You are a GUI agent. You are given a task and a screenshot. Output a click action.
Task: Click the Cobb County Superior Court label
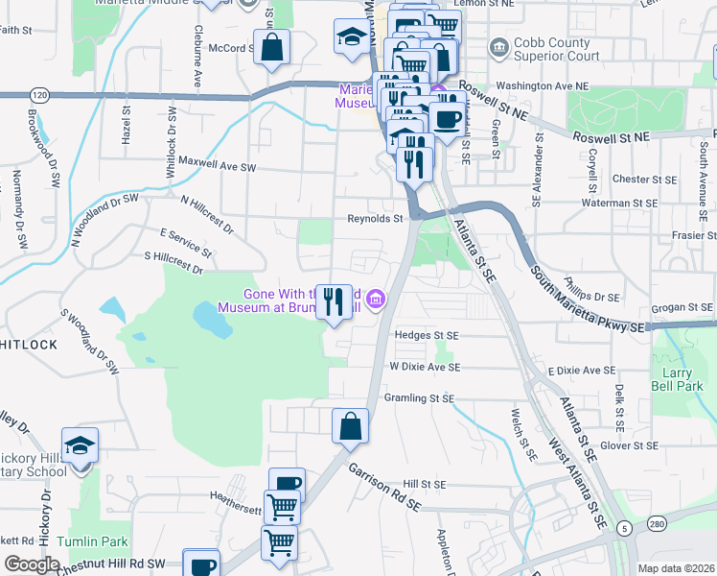coord(556,50)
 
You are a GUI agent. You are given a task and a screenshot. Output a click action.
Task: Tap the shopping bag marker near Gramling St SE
coord(351,425)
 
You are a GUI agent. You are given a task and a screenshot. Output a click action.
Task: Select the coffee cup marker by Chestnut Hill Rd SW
coord(201,565)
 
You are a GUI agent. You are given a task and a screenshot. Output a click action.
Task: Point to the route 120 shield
coord(38,95)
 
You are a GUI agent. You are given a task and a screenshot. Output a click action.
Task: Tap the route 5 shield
coord(624,529)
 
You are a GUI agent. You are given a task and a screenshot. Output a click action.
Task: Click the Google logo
coord(32,564)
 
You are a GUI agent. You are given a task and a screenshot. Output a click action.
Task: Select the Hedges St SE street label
coord(428,335)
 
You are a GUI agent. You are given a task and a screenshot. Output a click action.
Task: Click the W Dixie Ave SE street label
coord(425,367)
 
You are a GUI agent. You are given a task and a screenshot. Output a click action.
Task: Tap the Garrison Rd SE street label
coord(384,488)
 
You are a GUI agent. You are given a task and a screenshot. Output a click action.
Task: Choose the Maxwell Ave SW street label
coord(218,165)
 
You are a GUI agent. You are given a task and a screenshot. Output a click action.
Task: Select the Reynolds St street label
coord(375,219)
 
